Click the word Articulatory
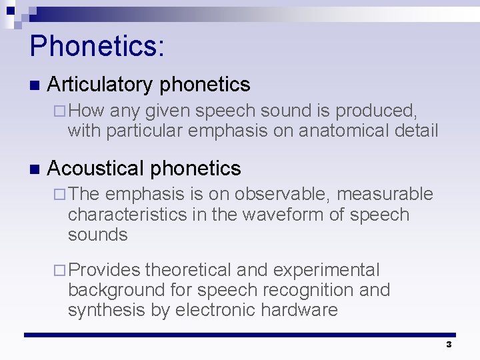tap(101, 85)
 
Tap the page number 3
tap(449, 345)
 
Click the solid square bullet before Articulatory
tap(34, 85)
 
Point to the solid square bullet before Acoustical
tap(34, 169)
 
